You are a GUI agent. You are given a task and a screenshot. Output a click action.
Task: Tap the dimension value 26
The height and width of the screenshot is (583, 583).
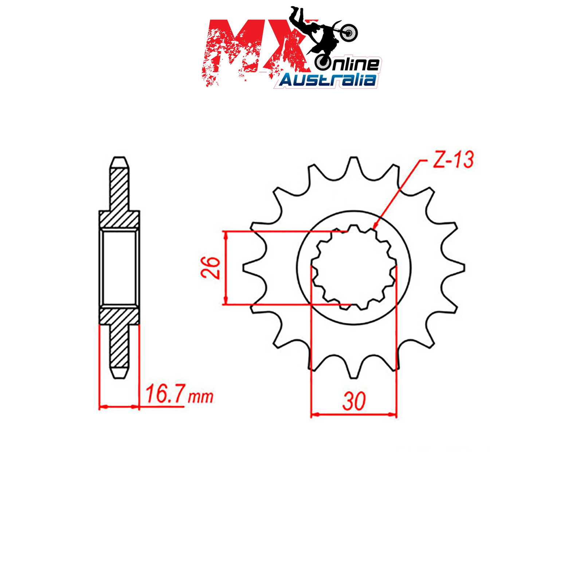point(211,268)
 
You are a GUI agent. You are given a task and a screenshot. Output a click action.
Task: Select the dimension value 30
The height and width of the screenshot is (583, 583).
point(353,402)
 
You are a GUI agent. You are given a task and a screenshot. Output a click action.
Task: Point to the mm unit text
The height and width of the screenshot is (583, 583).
point(200,397)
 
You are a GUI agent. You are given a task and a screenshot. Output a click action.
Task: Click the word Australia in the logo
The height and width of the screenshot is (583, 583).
point(328,79)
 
